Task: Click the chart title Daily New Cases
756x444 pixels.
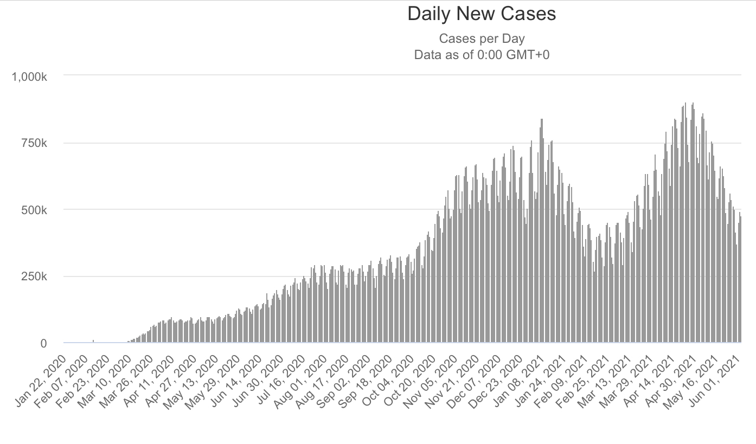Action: tap(482, 14)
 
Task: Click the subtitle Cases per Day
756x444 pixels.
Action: tap(482, 39)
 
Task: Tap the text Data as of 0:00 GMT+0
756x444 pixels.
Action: tap(482, 54)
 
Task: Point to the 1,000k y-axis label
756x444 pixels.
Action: tap(29, 77)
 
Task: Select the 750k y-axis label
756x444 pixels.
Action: tap(34, 144)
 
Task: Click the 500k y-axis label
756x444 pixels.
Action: tap(34, 210)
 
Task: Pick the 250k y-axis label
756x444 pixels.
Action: tap(34, 277)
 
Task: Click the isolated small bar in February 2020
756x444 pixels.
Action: tap(93, 341)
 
